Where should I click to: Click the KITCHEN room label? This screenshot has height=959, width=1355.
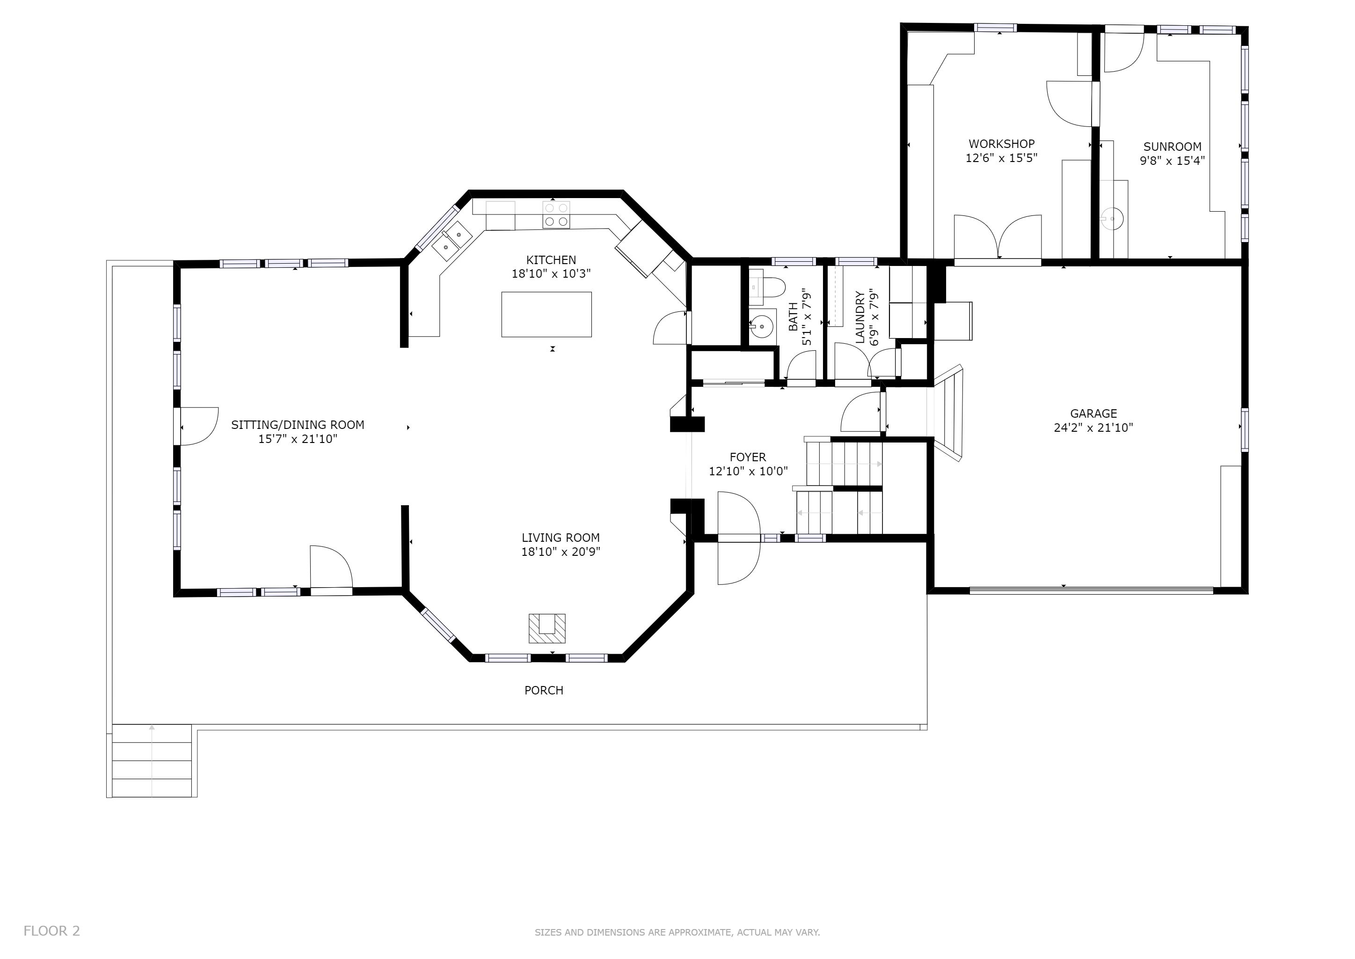tap(551, 260)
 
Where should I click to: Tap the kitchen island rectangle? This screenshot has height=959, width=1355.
tap(546, 315)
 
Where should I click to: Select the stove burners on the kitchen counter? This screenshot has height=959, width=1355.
tap(556, 215)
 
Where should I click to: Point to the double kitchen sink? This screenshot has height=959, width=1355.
tap(452, 242)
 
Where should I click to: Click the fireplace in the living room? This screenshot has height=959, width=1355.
tap(547, 628)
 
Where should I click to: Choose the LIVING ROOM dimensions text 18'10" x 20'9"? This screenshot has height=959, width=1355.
tap(561, 552)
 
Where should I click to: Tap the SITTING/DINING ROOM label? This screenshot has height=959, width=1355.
tap(298, 425)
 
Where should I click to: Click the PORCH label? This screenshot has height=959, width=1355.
tap(544, 690)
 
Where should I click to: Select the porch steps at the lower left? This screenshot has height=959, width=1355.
tap(152, 760)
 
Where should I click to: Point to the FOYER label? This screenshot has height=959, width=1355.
tap(748, 457)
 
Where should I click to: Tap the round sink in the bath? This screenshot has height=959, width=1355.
tap(761, 325)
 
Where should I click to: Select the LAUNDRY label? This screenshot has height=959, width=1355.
tap(860, 317)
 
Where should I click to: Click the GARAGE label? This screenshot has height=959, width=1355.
tap(1093, 413)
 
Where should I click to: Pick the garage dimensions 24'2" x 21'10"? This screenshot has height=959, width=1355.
tap(1093, 428)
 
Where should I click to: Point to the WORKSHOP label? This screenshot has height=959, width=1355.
tap(1001, 143)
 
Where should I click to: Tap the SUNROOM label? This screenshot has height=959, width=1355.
tap(1172, 147)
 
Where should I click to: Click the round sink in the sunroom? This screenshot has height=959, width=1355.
tap(1113, 219)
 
